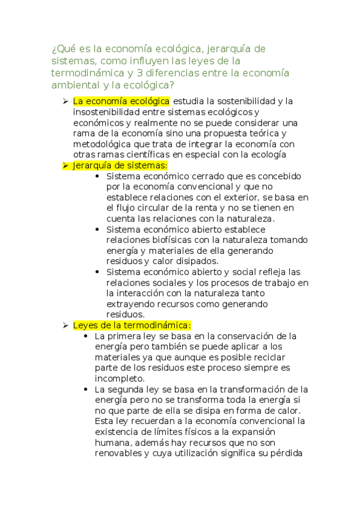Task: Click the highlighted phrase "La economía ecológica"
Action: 121,101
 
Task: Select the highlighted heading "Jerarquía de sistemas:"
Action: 120,165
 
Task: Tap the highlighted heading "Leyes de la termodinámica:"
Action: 132,325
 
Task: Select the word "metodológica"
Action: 104,144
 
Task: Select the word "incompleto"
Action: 119,378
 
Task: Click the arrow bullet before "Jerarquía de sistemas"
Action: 66,165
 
